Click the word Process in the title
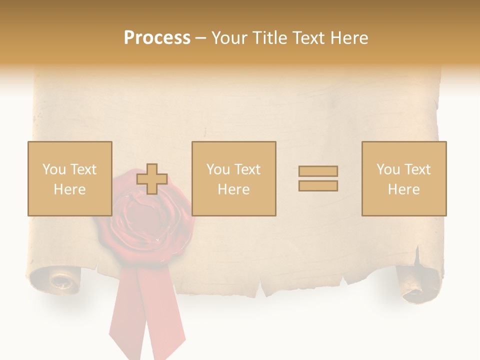click(x=157, y=38)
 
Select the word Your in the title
click(x=227, y=38)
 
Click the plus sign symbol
click(x=152, y=179)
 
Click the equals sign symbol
click(x=318, y=178)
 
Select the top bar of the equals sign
click(x=318, y=171)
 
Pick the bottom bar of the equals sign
click(x=318, y=186)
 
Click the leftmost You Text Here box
click(x=69, y=178)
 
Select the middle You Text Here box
click(x=233, y=178)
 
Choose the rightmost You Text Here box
click(x=403, y=178)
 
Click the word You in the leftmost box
click(x=53, y=169)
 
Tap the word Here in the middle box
click(x=233, y=189)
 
